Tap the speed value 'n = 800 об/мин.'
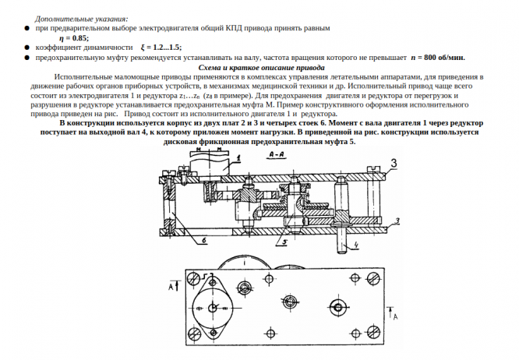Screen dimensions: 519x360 (x=437, y=58)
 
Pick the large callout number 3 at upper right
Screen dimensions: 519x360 (x=395, y=162)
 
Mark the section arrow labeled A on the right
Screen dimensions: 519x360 (x=395, y=316)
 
